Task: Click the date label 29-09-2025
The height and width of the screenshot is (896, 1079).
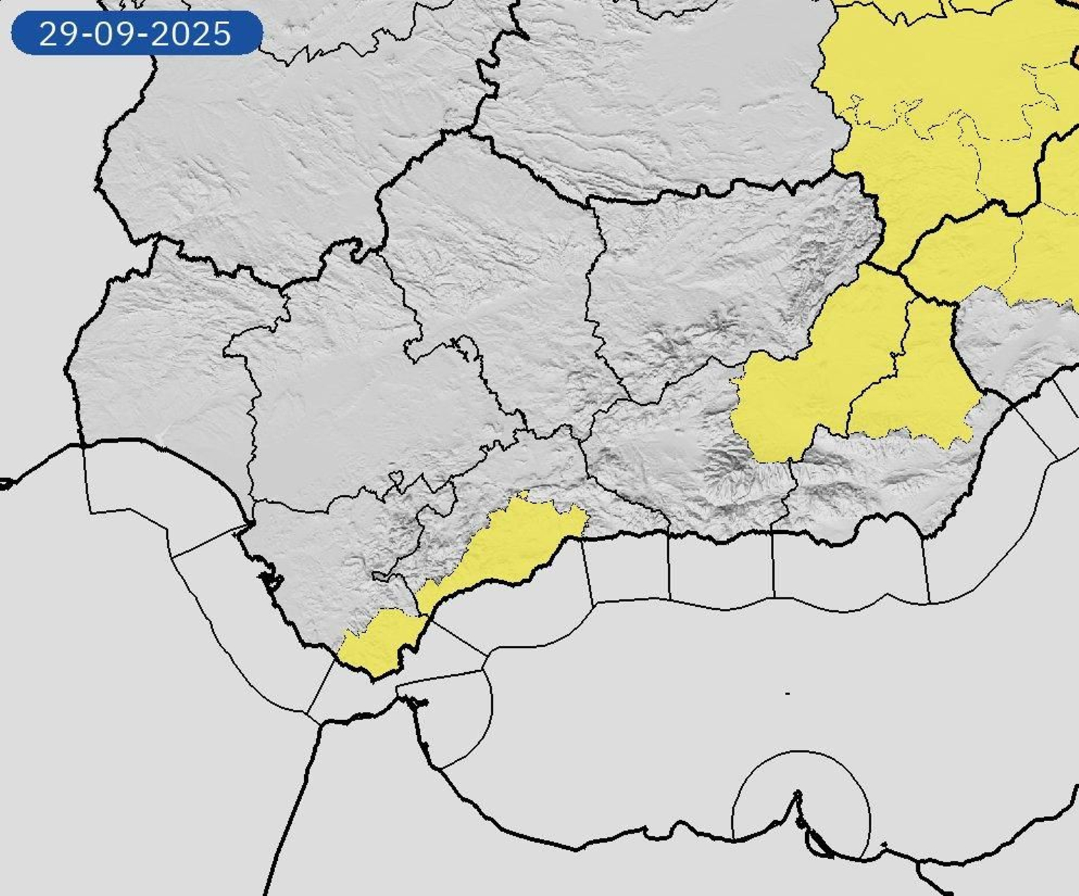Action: [136, 33]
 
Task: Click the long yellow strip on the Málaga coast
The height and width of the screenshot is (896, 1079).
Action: [513, 546]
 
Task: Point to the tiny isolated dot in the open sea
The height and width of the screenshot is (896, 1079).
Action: [788, 693]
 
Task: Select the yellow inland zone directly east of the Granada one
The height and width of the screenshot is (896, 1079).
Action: [917, 384]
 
